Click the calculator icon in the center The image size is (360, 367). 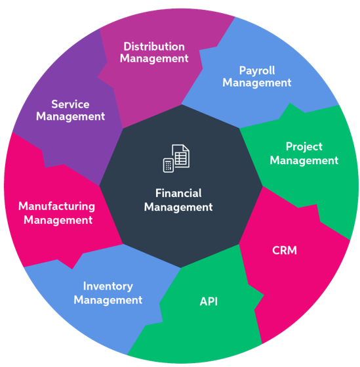[169, 165]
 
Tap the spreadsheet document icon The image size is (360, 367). [181, 156]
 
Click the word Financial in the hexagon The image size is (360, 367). [178, 193]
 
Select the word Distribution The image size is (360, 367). [154, 47]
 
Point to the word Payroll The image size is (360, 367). [257, 71]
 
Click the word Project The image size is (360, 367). [304, 147]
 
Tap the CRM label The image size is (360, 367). [285, 250]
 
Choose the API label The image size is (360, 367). [209, 301]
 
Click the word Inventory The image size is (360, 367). [108, 286]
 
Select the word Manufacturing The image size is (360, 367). [57, 207]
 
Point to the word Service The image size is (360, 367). [70, 104]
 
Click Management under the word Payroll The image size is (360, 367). [257, 83]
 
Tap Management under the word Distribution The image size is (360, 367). [154, 58]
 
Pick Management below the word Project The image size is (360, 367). [304, 161]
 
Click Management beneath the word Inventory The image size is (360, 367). [108, 300]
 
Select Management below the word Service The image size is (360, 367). [70, 117]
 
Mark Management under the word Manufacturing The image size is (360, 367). [58, 221]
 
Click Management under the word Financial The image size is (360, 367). [178, 207]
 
